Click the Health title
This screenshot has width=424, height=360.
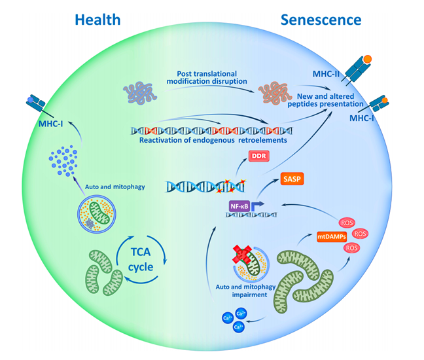point(97,19)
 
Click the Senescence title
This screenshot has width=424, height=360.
point(321,19)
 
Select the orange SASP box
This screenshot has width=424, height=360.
point(293,178)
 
